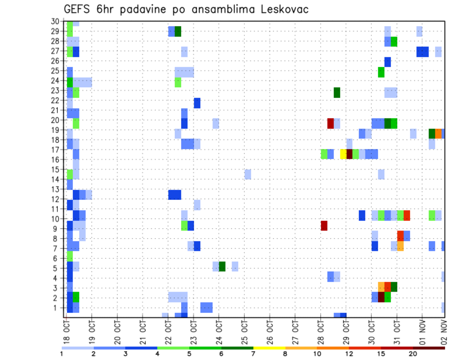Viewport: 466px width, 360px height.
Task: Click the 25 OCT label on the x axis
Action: click(244, 333)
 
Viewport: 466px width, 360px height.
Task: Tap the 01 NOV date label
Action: click(422, 333)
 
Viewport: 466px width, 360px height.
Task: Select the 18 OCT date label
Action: click(67, 333)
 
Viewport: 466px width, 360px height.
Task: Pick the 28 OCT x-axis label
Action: click(320, 333)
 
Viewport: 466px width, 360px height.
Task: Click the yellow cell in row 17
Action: click(343, 154)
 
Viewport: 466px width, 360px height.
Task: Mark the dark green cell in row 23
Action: click(337, 92)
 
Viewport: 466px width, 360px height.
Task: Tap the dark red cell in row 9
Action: click(324, 226)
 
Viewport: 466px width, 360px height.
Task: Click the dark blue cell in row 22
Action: click(197, 103)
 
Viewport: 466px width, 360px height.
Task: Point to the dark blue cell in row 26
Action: click(387, 62)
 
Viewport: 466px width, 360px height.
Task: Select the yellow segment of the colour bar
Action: click(269, 348)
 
